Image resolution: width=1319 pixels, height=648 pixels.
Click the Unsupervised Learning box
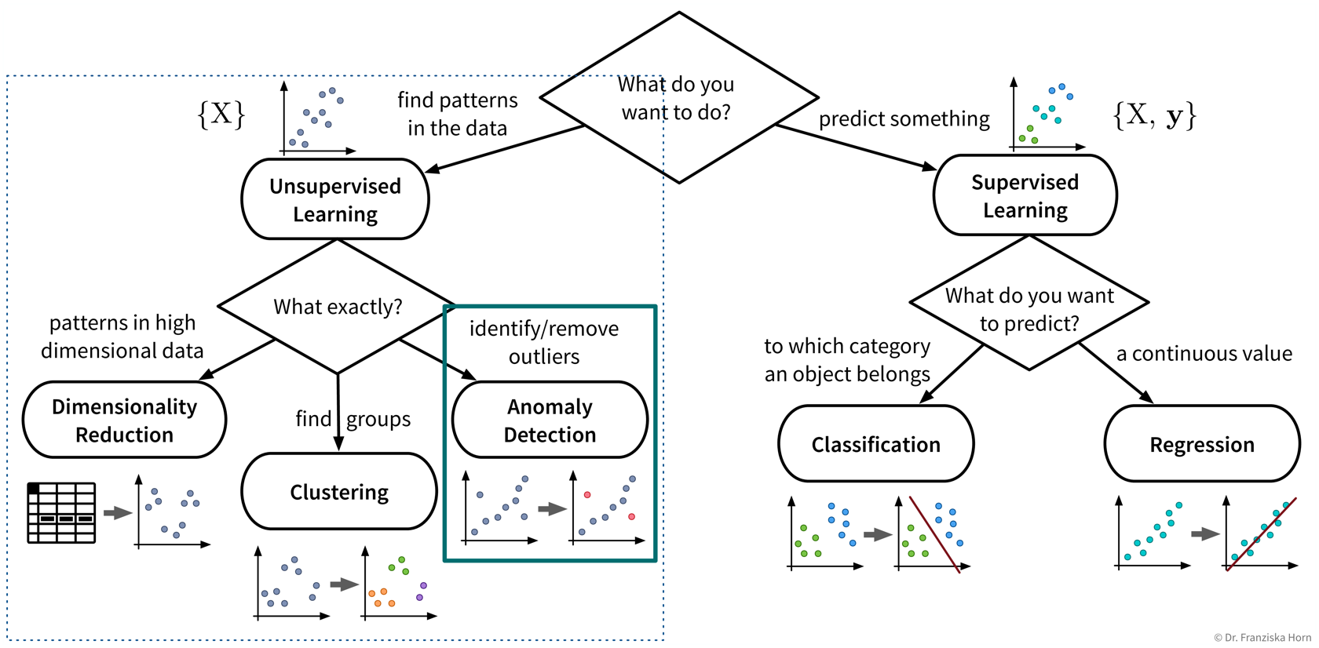[335, 199]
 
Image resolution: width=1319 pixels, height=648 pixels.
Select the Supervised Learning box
[1025, 195]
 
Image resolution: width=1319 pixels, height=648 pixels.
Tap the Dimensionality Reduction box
[124, 420]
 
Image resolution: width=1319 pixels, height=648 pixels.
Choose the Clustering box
[339, 492]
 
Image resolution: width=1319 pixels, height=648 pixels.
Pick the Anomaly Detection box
[550, 420]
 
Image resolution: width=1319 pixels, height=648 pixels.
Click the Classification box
[875, 444]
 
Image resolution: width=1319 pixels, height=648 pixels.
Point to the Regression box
[1201, 444]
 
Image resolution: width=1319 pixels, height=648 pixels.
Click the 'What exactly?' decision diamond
[338, 307]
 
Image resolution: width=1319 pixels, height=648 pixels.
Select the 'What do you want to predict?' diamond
[1029, 308]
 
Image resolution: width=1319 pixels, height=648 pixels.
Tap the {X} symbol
[221, 115]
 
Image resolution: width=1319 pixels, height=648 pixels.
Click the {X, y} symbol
[1154, 115]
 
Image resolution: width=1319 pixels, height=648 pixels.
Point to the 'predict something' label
[904, 118]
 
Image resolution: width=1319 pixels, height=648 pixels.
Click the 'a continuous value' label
[1204, 354]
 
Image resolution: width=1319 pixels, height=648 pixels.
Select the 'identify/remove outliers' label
[544, 342]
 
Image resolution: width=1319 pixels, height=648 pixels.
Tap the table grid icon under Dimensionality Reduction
[61, 513]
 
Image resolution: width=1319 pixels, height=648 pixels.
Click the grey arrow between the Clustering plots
[344, 584]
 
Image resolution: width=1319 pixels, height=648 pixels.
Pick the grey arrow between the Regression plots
[1204, 534]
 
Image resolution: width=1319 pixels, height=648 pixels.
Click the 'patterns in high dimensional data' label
[122, 337]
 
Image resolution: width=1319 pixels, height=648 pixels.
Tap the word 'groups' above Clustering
[378, 419]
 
